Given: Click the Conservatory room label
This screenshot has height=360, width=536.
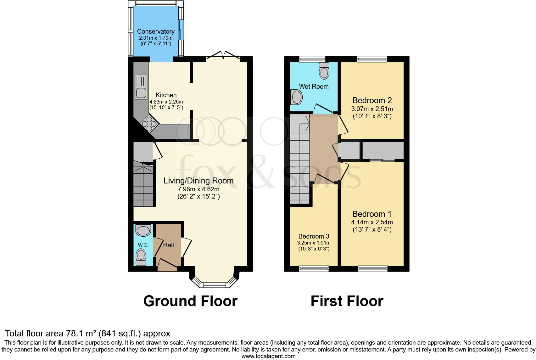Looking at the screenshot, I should (x=156, y=31).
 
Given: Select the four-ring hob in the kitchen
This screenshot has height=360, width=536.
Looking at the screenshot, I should (x=149, y=123).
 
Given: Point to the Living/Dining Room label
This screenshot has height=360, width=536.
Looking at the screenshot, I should (x=198, y=181).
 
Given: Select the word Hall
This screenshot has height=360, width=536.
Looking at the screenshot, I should (x=169, y=245).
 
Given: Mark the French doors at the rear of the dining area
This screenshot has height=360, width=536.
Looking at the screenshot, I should (x=223, y=55).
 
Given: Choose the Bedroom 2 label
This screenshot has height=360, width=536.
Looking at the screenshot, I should (x=372, y=101).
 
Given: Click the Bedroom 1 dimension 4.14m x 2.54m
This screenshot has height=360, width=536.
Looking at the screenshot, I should (x=372, y=222).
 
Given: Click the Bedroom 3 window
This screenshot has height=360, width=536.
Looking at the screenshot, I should (x=314, y=268).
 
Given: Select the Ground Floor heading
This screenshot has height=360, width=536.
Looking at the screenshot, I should (x=190, y=301).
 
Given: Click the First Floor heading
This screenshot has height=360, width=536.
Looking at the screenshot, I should (x=347, y=301).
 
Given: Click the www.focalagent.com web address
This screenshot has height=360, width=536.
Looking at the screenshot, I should (x=268, y=356).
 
